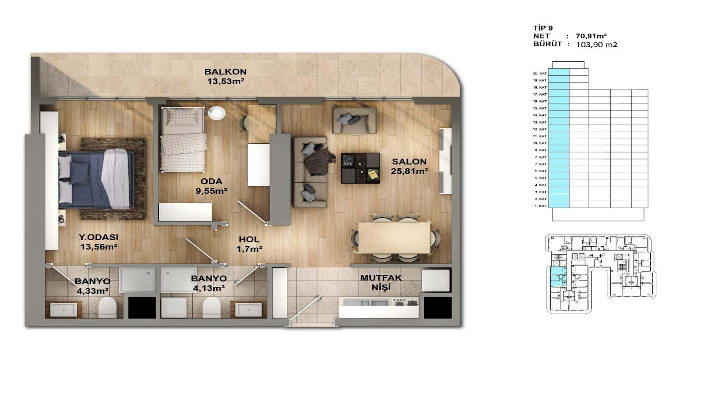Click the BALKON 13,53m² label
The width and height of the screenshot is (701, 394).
225,77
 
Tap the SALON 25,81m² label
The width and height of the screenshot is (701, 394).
409,166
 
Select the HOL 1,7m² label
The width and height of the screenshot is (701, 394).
249,244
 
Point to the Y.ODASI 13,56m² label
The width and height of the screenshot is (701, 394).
99,242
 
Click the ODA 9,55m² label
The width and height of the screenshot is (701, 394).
211,186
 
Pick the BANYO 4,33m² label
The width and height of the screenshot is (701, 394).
92,286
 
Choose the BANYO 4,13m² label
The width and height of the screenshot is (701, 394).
208,283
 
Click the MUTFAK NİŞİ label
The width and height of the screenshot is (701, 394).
381,282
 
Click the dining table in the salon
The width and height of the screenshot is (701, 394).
394,237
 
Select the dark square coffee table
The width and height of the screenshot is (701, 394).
360,168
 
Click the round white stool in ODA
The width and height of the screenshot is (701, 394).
217,112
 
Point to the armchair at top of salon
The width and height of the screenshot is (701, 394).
354,120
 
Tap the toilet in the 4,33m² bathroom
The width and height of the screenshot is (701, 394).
107,307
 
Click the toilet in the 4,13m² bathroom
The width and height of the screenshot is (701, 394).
211,307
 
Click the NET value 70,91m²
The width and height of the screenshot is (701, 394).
591,36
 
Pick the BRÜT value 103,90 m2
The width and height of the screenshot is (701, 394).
597,45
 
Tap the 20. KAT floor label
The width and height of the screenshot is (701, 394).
540,73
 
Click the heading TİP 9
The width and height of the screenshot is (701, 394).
543,28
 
